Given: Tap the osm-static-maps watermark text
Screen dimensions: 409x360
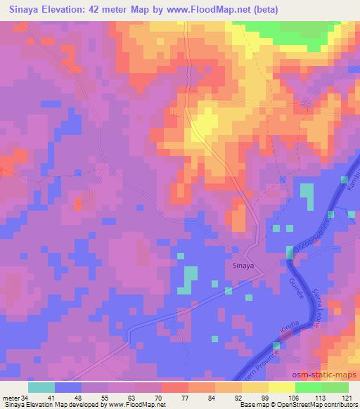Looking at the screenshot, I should tap(321, 378).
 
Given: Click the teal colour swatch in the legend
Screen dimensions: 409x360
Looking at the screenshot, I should tap(42, 387).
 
